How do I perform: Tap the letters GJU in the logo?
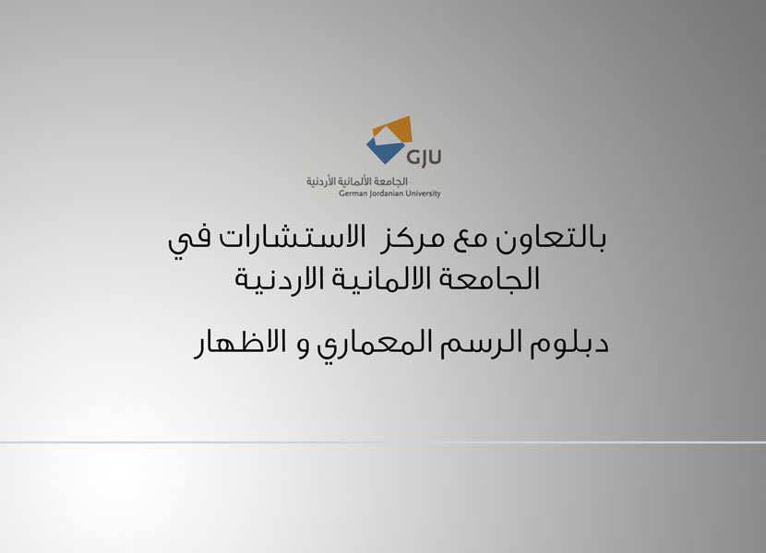pyautogui.click(x=424, y=158)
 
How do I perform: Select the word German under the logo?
pyautogui.click(x=351, y=194)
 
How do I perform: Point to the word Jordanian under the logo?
pyautogui.click(x=383, y=194)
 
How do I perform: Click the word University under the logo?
pyautogui.click(x=423, y=194)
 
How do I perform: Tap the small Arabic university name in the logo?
pyautogui.click(x=357, y=182)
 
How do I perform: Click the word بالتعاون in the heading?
pyautogui.click(x=551, y=239)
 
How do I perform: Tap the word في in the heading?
pyautogui.click(x=189, y=241)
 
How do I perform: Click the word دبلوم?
pyautogui.click(x=569, y=345)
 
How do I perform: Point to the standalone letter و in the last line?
pyautogui.click(x=304, y=349)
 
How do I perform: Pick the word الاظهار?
pyautogui.click(x=239, y=344)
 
